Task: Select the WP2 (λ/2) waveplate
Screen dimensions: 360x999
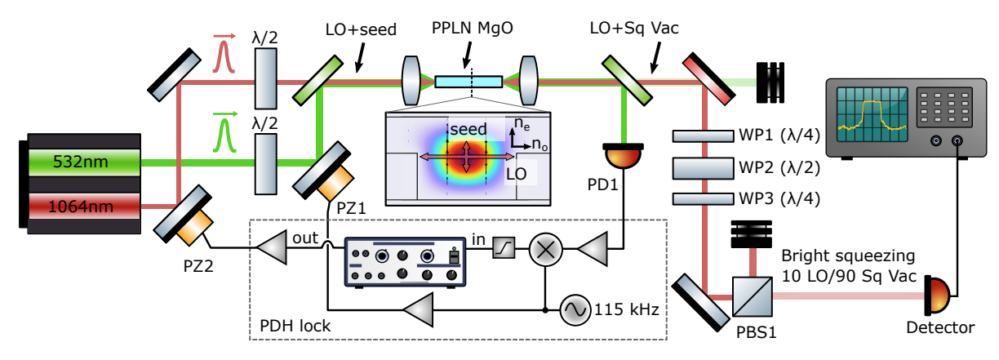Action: (x=704, y=168)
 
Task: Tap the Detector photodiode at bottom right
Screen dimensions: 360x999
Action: (x=938, y=292)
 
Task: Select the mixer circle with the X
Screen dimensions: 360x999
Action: (x=544, y=248)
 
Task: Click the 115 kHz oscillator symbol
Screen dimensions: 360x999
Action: (x=573, y=310)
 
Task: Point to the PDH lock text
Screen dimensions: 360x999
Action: (x=295, y=327)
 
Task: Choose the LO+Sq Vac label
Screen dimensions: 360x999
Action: (x=633, y=29)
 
